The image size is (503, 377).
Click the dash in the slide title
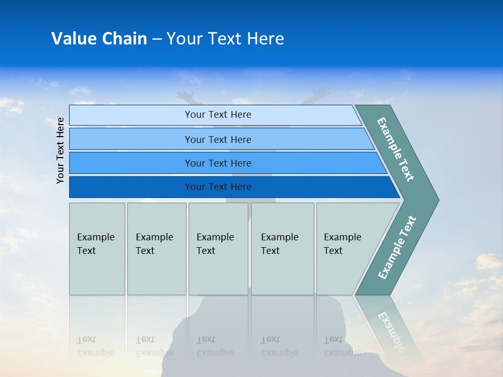tap(157, 39)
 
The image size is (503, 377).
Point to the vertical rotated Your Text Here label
tap(60, 150)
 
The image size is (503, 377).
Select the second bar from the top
tap(217, 139)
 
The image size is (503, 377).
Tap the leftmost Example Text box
tap(97, 248)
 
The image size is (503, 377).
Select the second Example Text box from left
tap(156, 248)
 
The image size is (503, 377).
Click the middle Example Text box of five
tap(218, 248)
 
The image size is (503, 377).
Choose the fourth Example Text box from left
tap(282, 248)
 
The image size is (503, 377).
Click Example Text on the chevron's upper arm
tap(396, 149)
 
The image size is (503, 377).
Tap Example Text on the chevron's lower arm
tap(397, 247)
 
